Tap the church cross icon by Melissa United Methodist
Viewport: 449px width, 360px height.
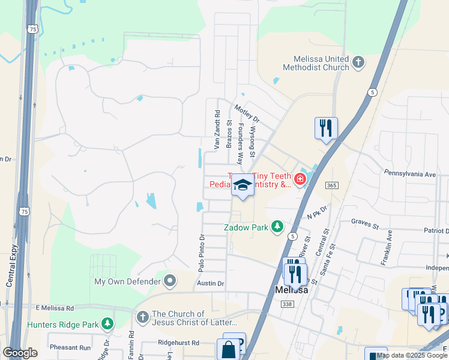pyautogui.click(x=358, y=61)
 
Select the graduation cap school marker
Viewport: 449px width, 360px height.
pyautogui.click(x=243, y=185)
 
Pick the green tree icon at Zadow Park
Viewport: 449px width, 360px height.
pyautogui.click(x=277, y=227)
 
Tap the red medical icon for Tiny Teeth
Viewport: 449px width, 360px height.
pyautogui.click(x=298, y=178)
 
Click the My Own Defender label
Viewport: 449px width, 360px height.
pyautogui.click(x=127, y=281)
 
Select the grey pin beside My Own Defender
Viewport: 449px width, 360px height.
pyautogui.click(x=170, y=280)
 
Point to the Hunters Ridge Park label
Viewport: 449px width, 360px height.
pyautogui.click(x=62, y=325)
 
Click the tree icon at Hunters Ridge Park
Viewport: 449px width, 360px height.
pyautogui.click(x=107, y=324)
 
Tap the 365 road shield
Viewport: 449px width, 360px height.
pyautogui.click(x=332, y=185)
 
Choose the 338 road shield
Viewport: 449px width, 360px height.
pyautogui.click(x=288, y=304)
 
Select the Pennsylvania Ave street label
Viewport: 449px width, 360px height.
pyautogui.click(x=410, y=173)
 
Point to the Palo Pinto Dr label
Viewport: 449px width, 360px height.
pyautogui.click(x=202, y=253)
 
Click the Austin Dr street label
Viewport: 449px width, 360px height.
pyautogui.click(x=211, y=283)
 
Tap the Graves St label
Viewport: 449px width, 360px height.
pyautogui.click(x=366, y=227)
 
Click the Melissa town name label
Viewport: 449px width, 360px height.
pyautogui.click(x=291, y=290)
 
